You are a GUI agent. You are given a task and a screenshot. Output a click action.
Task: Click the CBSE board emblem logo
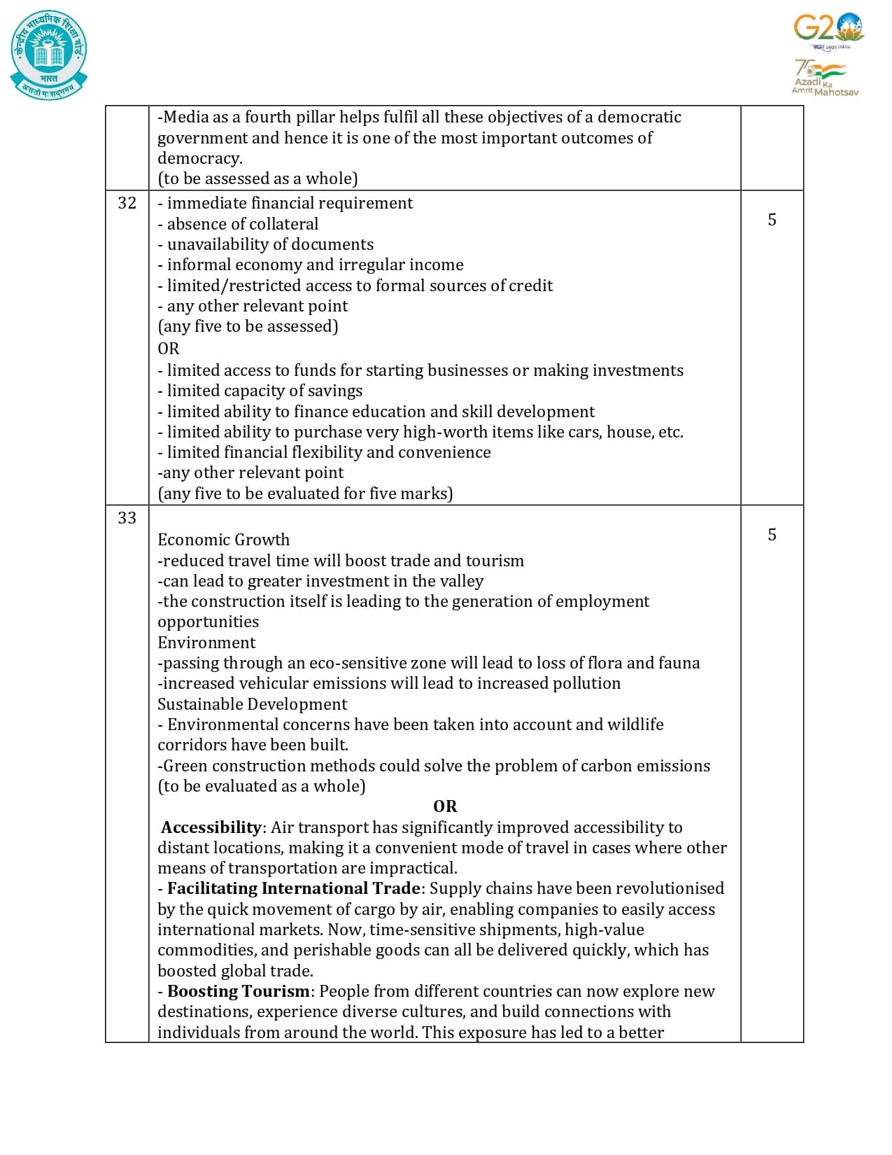pyautogui.click(x=49, y=55)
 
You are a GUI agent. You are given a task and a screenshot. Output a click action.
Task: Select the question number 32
pyautogui.click(x=127, y=203)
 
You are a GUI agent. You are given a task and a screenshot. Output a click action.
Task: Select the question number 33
pyautogui.click(x=127, y=518)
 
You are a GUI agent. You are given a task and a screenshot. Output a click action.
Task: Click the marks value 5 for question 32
pyautogui.click(x=772, y=220)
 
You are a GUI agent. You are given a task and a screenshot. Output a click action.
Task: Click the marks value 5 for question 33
pyautogui.click(x=772, y=535)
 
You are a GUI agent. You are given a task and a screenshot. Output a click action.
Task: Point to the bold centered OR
pyautogui.click(x=445, y=806)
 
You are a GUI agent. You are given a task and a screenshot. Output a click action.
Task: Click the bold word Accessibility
pyautogui.click(x=211, y=827)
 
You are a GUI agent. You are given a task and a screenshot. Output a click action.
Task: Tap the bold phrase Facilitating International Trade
pyautogui.click(x=294, y=888)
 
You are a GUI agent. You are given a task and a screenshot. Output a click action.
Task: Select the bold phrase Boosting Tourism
pyautogui.click(x=239, y=991)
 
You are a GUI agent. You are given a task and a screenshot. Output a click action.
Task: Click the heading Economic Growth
pyautogui.click(x=223, y=540)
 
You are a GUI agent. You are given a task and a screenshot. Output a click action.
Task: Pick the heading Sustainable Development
pyautogui.click(x=252, y=704)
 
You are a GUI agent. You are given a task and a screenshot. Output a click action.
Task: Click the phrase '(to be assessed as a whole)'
pyautogui.click(x=257, y=178)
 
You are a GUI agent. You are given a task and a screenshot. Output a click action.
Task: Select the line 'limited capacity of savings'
pyautogui.click(x=264, y=391)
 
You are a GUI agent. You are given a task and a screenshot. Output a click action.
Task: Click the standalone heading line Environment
pyautogui.click(x=206, y=643)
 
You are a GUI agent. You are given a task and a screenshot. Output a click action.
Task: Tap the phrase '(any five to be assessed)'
pyautogui.click(x=248, y=326)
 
